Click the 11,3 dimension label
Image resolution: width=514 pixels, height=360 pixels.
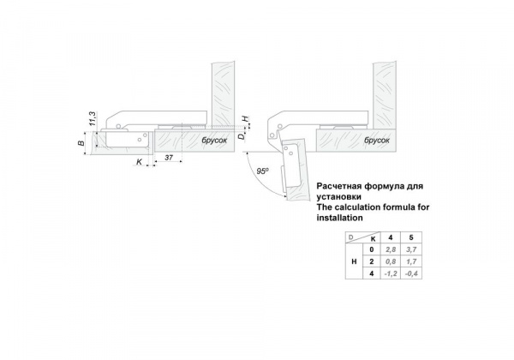(x=93, y=118)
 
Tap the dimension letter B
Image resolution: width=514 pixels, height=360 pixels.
(x=81, y=142)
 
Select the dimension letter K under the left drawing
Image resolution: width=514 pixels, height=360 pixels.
(x=139, y=162)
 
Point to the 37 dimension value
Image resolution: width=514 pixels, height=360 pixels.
(x=169, y=158)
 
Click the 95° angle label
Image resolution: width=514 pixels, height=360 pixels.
(x=263, y=171)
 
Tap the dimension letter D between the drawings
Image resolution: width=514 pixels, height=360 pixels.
(x=242, y=135)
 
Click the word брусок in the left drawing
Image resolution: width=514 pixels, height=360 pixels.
(x=214, y=141)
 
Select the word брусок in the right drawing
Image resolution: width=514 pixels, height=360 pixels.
(x=377, y=141)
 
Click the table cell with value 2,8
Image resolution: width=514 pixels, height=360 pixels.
(x=391, y=249)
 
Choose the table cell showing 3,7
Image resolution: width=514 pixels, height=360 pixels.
(x=411, y=249)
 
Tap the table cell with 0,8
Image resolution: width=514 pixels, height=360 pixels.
(x=391, y=261)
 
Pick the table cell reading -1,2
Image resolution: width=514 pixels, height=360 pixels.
(x=391, y=273)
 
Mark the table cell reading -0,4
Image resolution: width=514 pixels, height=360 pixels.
(x=411, y=273)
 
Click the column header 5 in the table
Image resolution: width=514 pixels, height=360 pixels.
(x=411, y=237)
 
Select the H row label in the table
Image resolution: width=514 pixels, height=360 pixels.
(x=354, y=261)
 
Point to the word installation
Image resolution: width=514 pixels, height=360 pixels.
(x=339, y=218)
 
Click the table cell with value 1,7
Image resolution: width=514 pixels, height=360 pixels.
(x=411, y=261)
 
